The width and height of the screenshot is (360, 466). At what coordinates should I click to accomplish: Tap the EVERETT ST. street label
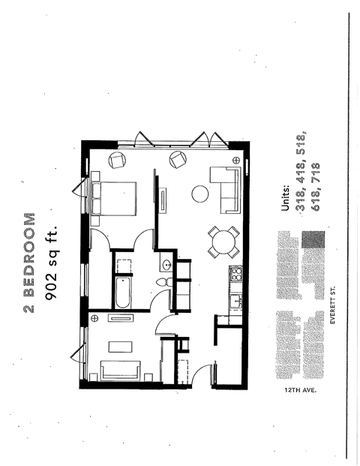(x=333, y=307)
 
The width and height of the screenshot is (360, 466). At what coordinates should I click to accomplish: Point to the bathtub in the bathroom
(x=123, y=294)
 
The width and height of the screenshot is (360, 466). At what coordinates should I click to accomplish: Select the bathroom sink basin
(x=166, y=266)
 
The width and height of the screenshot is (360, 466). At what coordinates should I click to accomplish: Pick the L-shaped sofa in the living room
(x=226, y=188)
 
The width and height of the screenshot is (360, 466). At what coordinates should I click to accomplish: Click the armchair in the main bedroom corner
(x=118, y=159)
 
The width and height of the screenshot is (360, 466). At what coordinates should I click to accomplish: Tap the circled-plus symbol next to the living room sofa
(x=235, y=161)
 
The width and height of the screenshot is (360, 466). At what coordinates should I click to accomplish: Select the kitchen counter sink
(x=234, y=302)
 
